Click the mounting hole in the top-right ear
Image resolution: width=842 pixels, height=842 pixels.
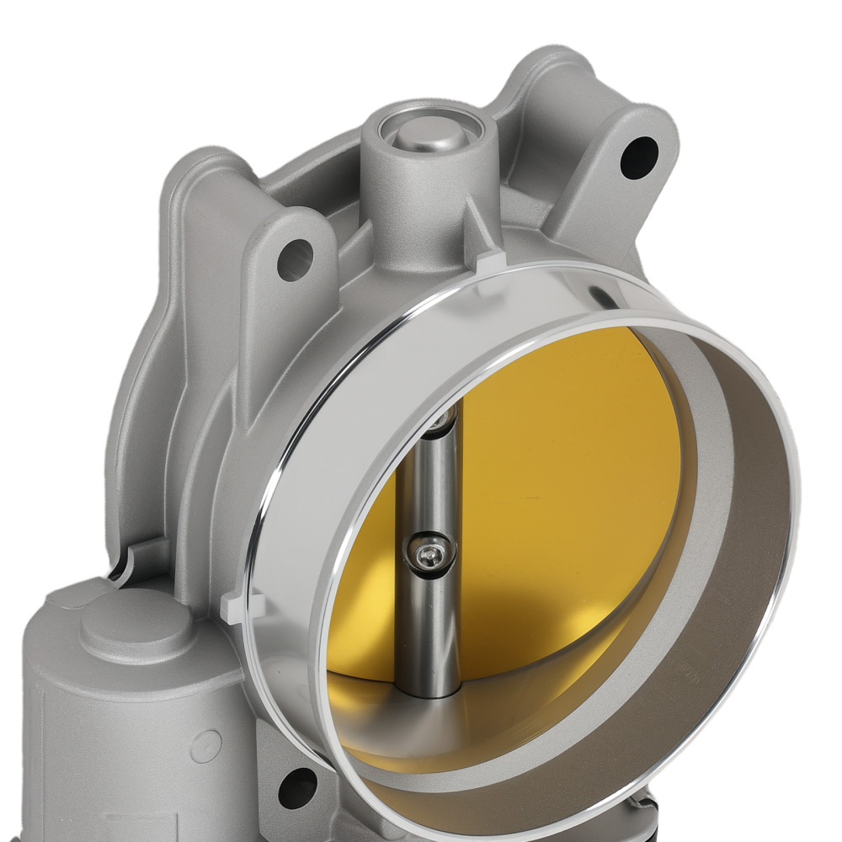coord(641,156)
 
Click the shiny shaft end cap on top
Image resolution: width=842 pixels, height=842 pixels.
coord(428,132)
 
